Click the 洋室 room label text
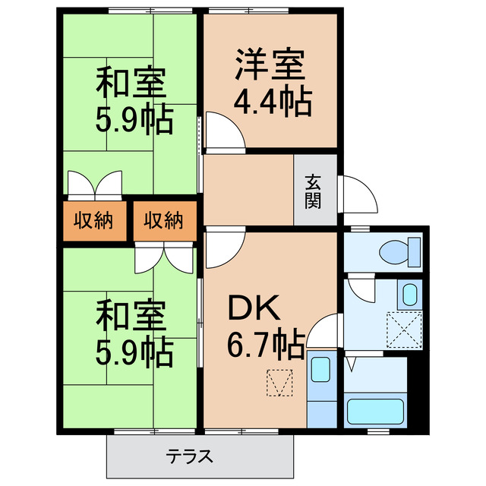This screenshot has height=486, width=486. pos(270,65)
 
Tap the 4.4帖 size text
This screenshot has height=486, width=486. pos(272,102)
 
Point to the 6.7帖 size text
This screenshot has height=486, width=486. pos(266,346)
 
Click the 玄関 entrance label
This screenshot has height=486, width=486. pos(314,191)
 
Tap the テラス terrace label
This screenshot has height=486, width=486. pos(189,458)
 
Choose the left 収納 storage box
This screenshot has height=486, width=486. pos(93,221)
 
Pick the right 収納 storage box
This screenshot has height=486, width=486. pos(164,221)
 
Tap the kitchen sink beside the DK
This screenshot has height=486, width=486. pos(320,371)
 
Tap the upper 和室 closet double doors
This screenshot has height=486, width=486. pos(94,184)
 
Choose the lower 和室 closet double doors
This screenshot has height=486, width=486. pos(164,259)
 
